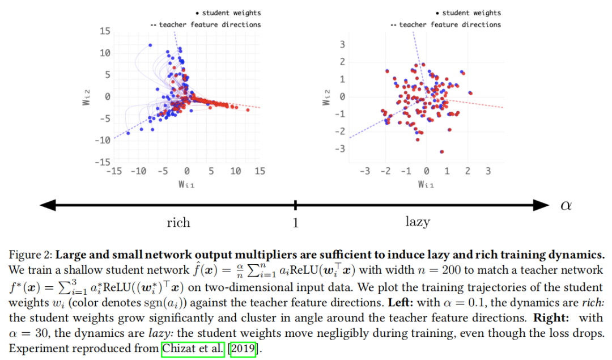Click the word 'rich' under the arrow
click(x=178, y=222)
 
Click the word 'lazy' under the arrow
click(x=418, y=222)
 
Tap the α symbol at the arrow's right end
click(x=566, y=205)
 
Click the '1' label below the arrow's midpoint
click(x=295, y=223)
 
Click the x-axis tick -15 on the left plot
click(x=114, y=171)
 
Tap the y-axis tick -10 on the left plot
click(x=103, y=141)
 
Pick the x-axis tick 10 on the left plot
click(x=235, y=171)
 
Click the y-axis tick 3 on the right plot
click(x=342, y=45)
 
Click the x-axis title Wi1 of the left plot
click(x=186, y=184)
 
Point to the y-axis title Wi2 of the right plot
click(x=326, y=97)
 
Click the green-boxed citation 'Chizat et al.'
click(x=193, y=349)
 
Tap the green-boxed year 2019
click(x=242, y=349)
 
